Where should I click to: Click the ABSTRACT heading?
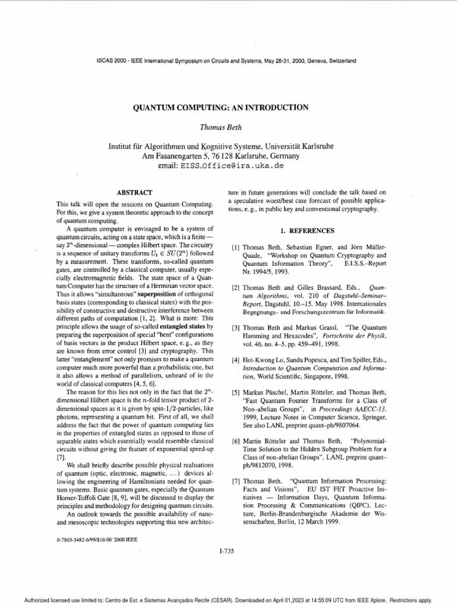click(x=134, y=193)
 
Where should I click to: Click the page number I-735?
click(x=227, y=551)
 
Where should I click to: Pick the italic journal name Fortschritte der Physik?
click(x=355, y=336)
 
